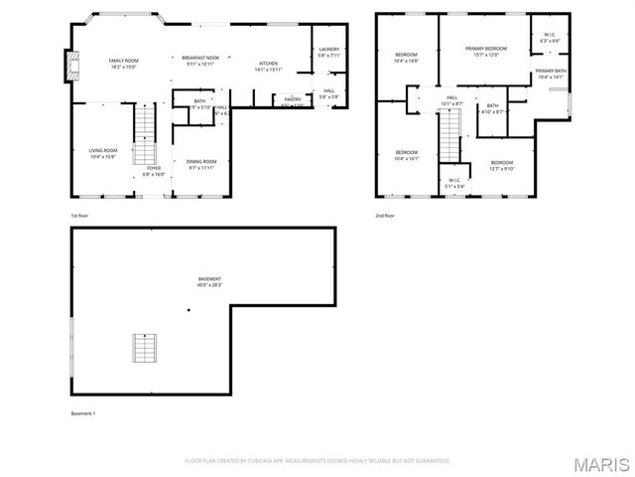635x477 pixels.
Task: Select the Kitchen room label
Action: (269, 65)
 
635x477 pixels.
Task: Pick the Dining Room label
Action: (201, 164)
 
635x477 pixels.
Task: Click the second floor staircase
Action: (451, 135)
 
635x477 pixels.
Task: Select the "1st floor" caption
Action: (79, 215)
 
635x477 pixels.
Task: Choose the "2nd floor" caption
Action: (384, 215)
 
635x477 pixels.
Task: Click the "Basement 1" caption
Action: (83, 412)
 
